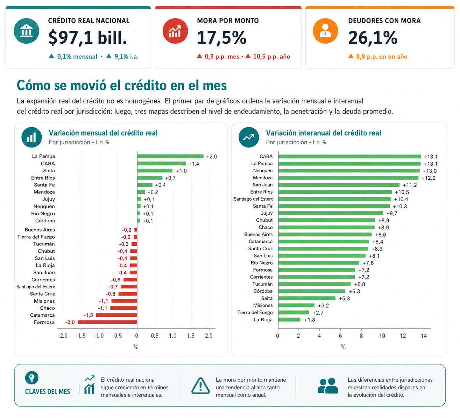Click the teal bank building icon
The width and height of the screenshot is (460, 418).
26,31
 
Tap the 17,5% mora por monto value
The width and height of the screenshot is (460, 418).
221,38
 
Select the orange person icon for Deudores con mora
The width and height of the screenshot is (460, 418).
325,31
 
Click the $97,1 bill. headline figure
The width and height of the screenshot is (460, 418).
87,38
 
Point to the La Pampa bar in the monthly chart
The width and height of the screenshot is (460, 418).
170,156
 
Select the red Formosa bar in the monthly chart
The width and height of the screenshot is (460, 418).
107,322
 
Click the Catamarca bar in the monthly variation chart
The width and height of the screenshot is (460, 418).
116,315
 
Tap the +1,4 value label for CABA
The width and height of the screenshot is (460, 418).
194,164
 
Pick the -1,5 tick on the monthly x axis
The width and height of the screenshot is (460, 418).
80,336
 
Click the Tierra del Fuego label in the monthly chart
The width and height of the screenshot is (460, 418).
36,237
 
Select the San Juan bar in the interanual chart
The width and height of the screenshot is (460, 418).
339,185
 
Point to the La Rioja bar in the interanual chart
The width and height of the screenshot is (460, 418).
289,319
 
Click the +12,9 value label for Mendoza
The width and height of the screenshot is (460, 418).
429,178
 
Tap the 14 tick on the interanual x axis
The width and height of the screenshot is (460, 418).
424,336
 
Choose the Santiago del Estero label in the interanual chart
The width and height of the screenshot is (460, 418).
253,199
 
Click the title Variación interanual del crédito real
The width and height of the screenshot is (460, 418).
323,133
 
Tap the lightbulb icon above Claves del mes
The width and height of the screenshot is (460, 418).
31,377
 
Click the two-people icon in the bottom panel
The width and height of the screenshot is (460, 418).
328,386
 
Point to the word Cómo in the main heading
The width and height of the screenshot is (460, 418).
34,86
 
